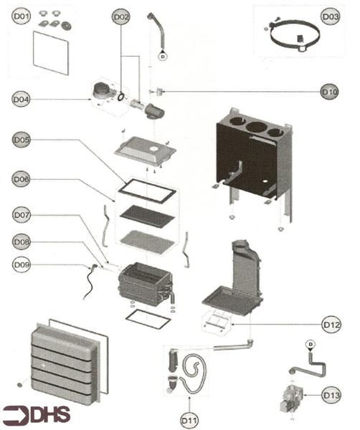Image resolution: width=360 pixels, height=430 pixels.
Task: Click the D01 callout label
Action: coord(22,16)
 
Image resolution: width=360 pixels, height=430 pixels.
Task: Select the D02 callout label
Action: coord(121,16)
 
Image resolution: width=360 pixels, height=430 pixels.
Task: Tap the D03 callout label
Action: coord(330,16)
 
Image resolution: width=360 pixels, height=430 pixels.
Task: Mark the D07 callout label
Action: coord(22,214)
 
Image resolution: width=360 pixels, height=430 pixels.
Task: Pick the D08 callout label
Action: coord(22,242)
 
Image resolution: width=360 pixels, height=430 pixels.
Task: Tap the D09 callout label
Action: coord(22,264)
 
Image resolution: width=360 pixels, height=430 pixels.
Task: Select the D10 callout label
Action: coord(329,92)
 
